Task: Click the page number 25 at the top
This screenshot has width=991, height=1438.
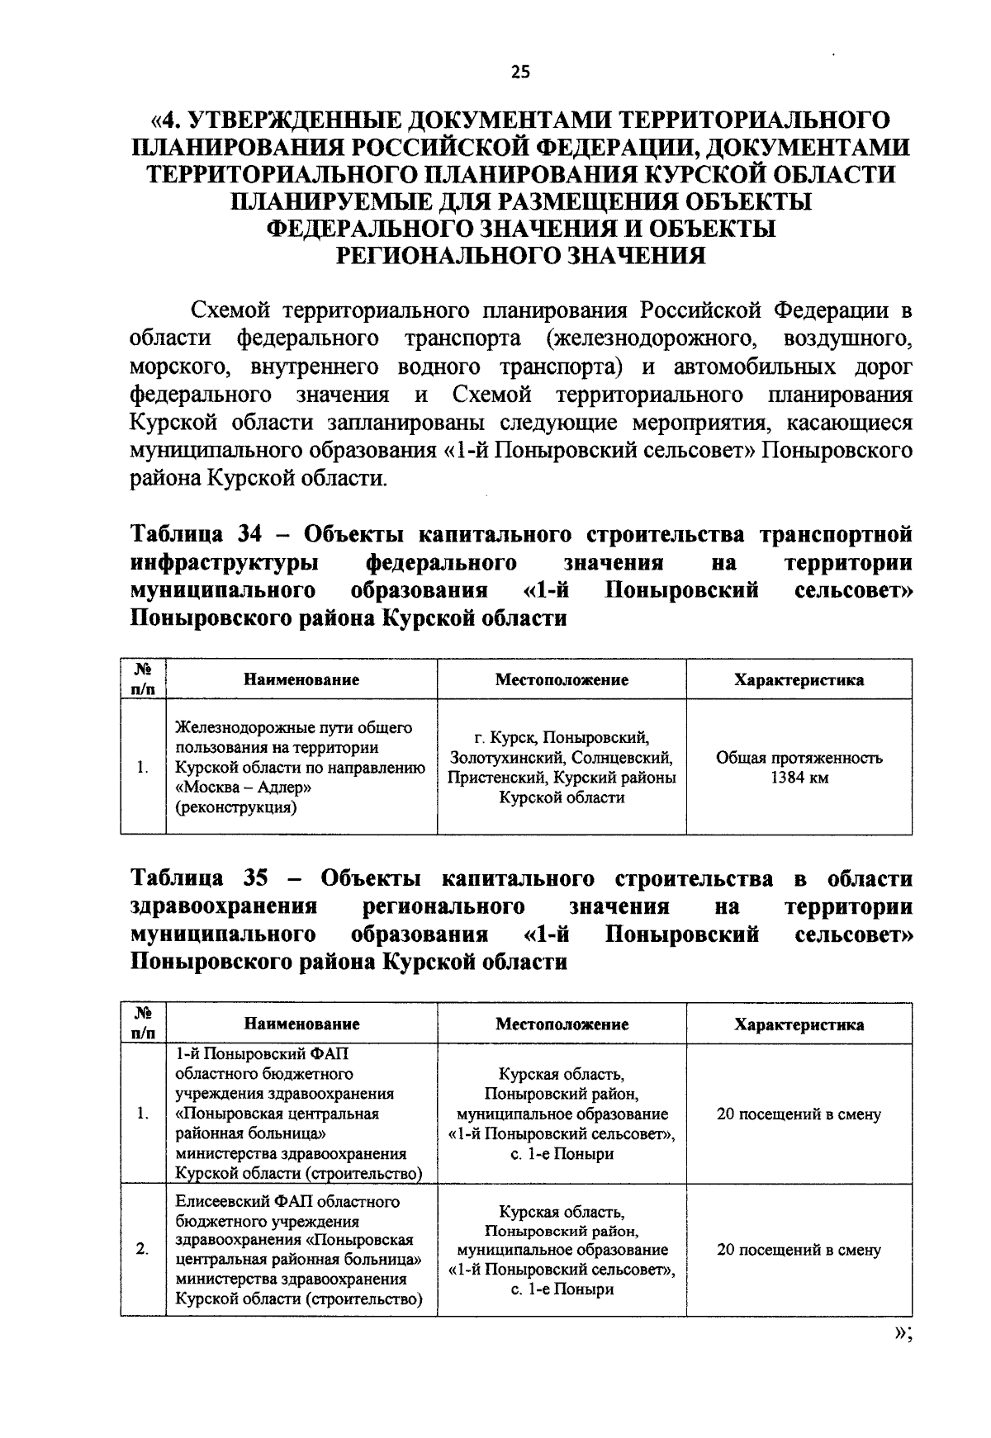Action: tap(520, 72)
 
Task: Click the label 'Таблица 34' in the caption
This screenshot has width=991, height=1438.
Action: tap(196, 535)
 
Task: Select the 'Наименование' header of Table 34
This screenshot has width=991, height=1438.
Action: tap(301, 680)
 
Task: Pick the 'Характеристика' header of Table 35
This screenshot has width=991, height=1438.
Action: tap(799, 1024)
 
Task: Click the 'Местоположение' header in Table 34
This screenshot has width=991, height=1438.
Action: tap(562, 680)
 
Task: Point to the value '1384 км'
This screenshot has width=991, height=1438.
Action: tap(799, 778)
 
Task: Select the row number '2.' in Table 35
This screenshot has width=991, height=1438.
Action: tap(143, 1250)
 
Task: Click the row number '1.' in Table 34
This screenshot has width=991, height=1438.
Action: tap(143, 768)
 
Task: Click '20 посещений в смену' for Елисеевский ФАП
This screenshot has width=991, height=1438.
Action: tap(799, 1250)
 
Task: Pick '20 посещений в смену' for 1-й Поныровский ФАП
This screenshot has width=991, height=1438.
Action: tap(799, 1114)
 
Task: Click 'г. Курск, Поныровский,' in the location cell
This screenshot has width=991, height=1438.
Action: tap(562, 737)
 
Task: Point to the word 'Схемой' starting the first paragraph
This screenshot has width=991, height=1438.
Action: tap(231, 311)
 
